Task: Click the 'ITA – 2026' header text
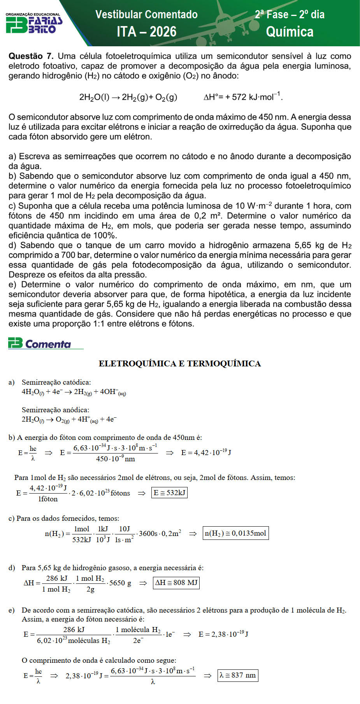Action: pos(146,32)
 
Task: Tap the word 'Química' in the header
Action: pos(290,32)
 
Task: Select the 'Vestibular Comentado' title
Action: pos(146,15)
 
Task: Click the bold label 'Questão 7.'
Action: pos(31,56)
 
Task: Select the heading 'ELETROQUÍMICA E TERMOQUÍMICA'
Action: pos(180,364)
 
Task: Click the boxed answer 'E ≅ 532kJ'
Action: pos(169,493)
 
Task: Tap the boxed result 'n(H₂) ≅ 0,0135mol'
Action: pos(235,533)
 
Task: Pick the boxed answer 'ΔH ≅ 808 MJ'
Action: pos(176,583)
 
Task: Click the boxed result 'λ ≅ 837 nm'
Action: pos(237,675)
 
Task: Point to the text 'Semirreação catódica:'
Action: pos(56,382)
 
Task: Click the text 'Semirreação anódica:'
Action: pos(55,410)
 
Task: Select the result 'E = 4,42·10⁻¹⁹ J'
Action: pos(206,452)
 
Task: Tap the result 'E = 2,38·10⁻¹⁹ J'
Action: pos(223,634)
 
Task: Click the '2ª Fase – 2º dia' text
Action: pos(290,15)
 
